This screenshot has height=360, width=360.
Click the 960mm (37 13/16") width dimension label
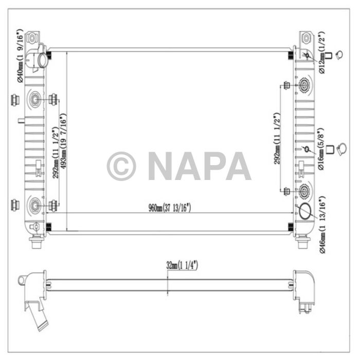[x=170, y=208]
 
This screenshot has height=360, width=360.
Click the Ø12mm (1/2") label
[x=322, y=52]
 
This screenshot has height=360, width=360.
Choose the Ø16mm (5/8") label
[x=321, y=149]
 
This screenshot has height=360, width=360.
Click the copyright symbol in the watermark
[x=121, y=166]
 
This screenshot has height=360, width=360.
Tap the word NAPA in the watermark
[x=200, y=166]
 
